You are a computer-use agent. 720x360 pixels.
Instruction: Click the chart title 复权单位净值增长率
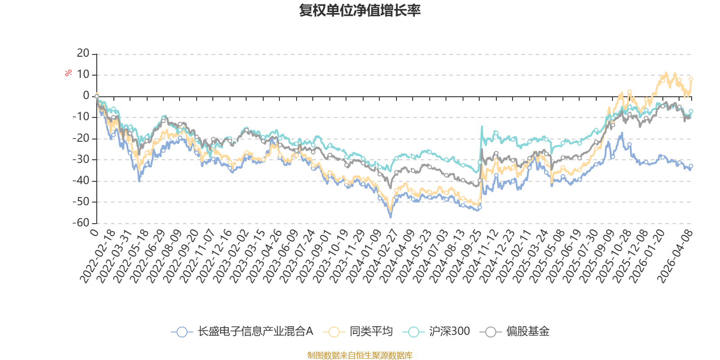[360, 10]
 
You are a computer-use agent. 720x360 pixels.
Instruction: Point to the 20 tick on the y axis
[83, 54]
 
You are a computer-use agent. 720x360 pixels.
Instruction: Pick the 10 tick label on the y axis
[83, 75]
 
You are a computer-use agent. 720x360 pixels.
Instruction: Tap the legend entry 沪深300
[436, 332]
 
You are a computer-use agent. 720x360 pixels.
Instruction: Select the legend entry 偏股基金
[515, 332]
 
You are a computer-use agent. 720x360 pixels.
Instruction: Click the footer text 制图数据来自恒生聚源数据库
[360, 355]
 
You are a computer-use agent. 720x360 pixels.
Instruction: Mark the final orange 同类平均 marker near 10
[691, 79]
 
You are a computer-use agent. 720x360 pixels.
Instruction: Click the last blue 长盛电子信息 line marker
[691, 166]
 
